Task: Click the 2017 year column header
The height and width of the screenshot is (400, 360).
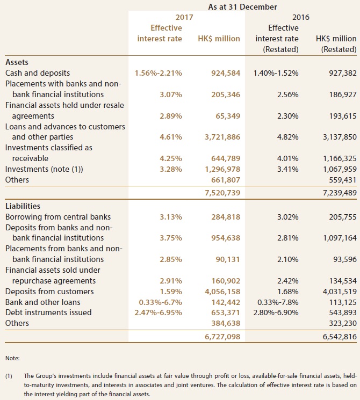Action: click(184, 17)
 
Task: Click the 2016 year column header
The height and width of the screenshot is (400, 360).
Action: click(301, 17)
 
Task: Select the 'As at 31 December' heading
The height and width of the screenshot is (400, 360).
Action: click(242, 6)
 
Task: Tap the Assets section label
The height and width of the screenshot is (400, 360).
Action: click(17, 62)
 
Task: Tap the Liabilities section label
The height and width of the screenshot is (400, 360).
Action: click(23, 206)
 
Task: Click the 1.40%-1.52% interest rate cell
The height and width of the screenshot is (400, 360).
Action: click(276, 73)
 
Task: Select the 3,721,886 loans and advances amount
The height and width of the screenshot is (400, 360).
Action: click(222, 137)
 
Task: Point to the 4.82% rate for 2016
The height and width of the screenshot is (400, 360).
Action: click(288, 137)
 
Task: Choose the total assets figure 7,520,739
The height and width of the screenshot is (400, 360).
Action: click(222, 193)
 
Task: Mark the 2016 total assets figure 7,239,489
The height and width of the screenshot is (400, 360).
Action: click(340, 193)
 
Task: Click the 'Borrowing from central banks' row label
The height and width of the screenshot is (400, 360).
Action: click(58, 217)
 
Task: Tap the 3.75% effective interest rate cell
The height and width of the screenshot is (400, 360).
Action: click(171, 238)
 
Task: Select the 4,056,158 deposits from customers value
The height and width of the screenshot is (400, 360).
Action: click(222, 292)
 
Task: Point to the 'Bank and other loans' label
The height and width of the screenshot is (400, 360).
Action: click(42, 302)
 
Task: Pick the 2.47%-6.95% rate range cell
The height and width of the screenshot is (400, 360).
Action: click(159, 313)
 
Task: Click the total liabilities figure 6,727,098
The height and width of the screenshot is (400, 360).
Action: click(222, 337)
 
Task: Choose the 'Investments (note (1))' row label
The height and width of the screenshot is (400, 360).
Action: click(44, 169)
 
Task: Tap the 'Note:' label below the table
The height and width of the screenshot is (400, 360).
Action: click(12, 358)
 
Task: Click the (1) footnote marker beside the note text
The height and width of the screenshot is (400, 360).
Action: click(9, 376)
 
